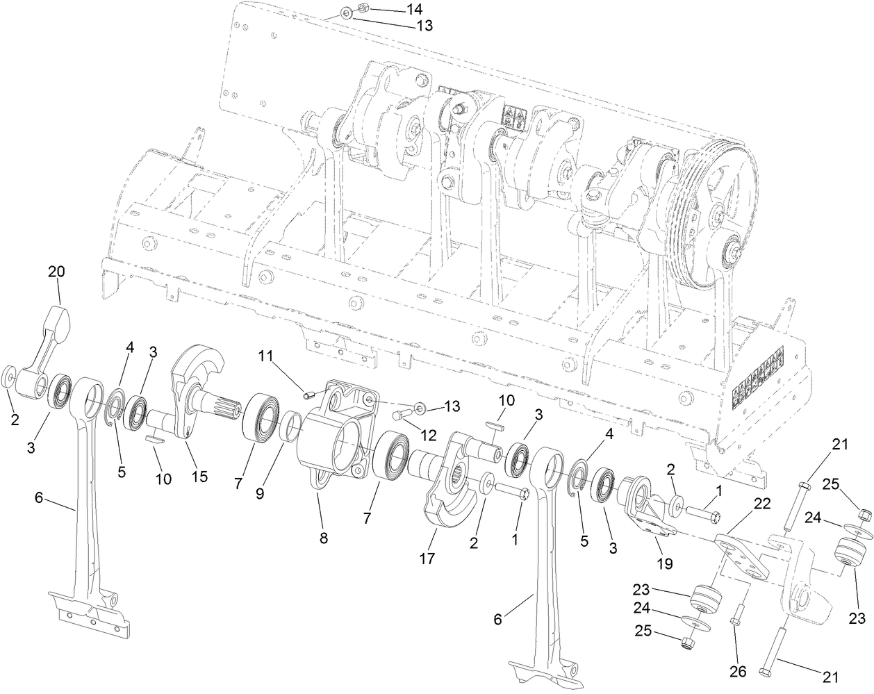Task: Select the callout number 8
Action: click(324, 537)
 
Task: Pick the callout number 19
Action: click(665, 563)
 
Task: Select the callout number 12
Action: click(427, 436)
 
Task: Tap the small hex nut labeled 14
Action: click(361, 8)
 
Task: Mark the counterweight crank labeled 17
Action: click(445, 500)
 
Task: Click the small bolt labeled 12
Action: click(398, 417)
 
